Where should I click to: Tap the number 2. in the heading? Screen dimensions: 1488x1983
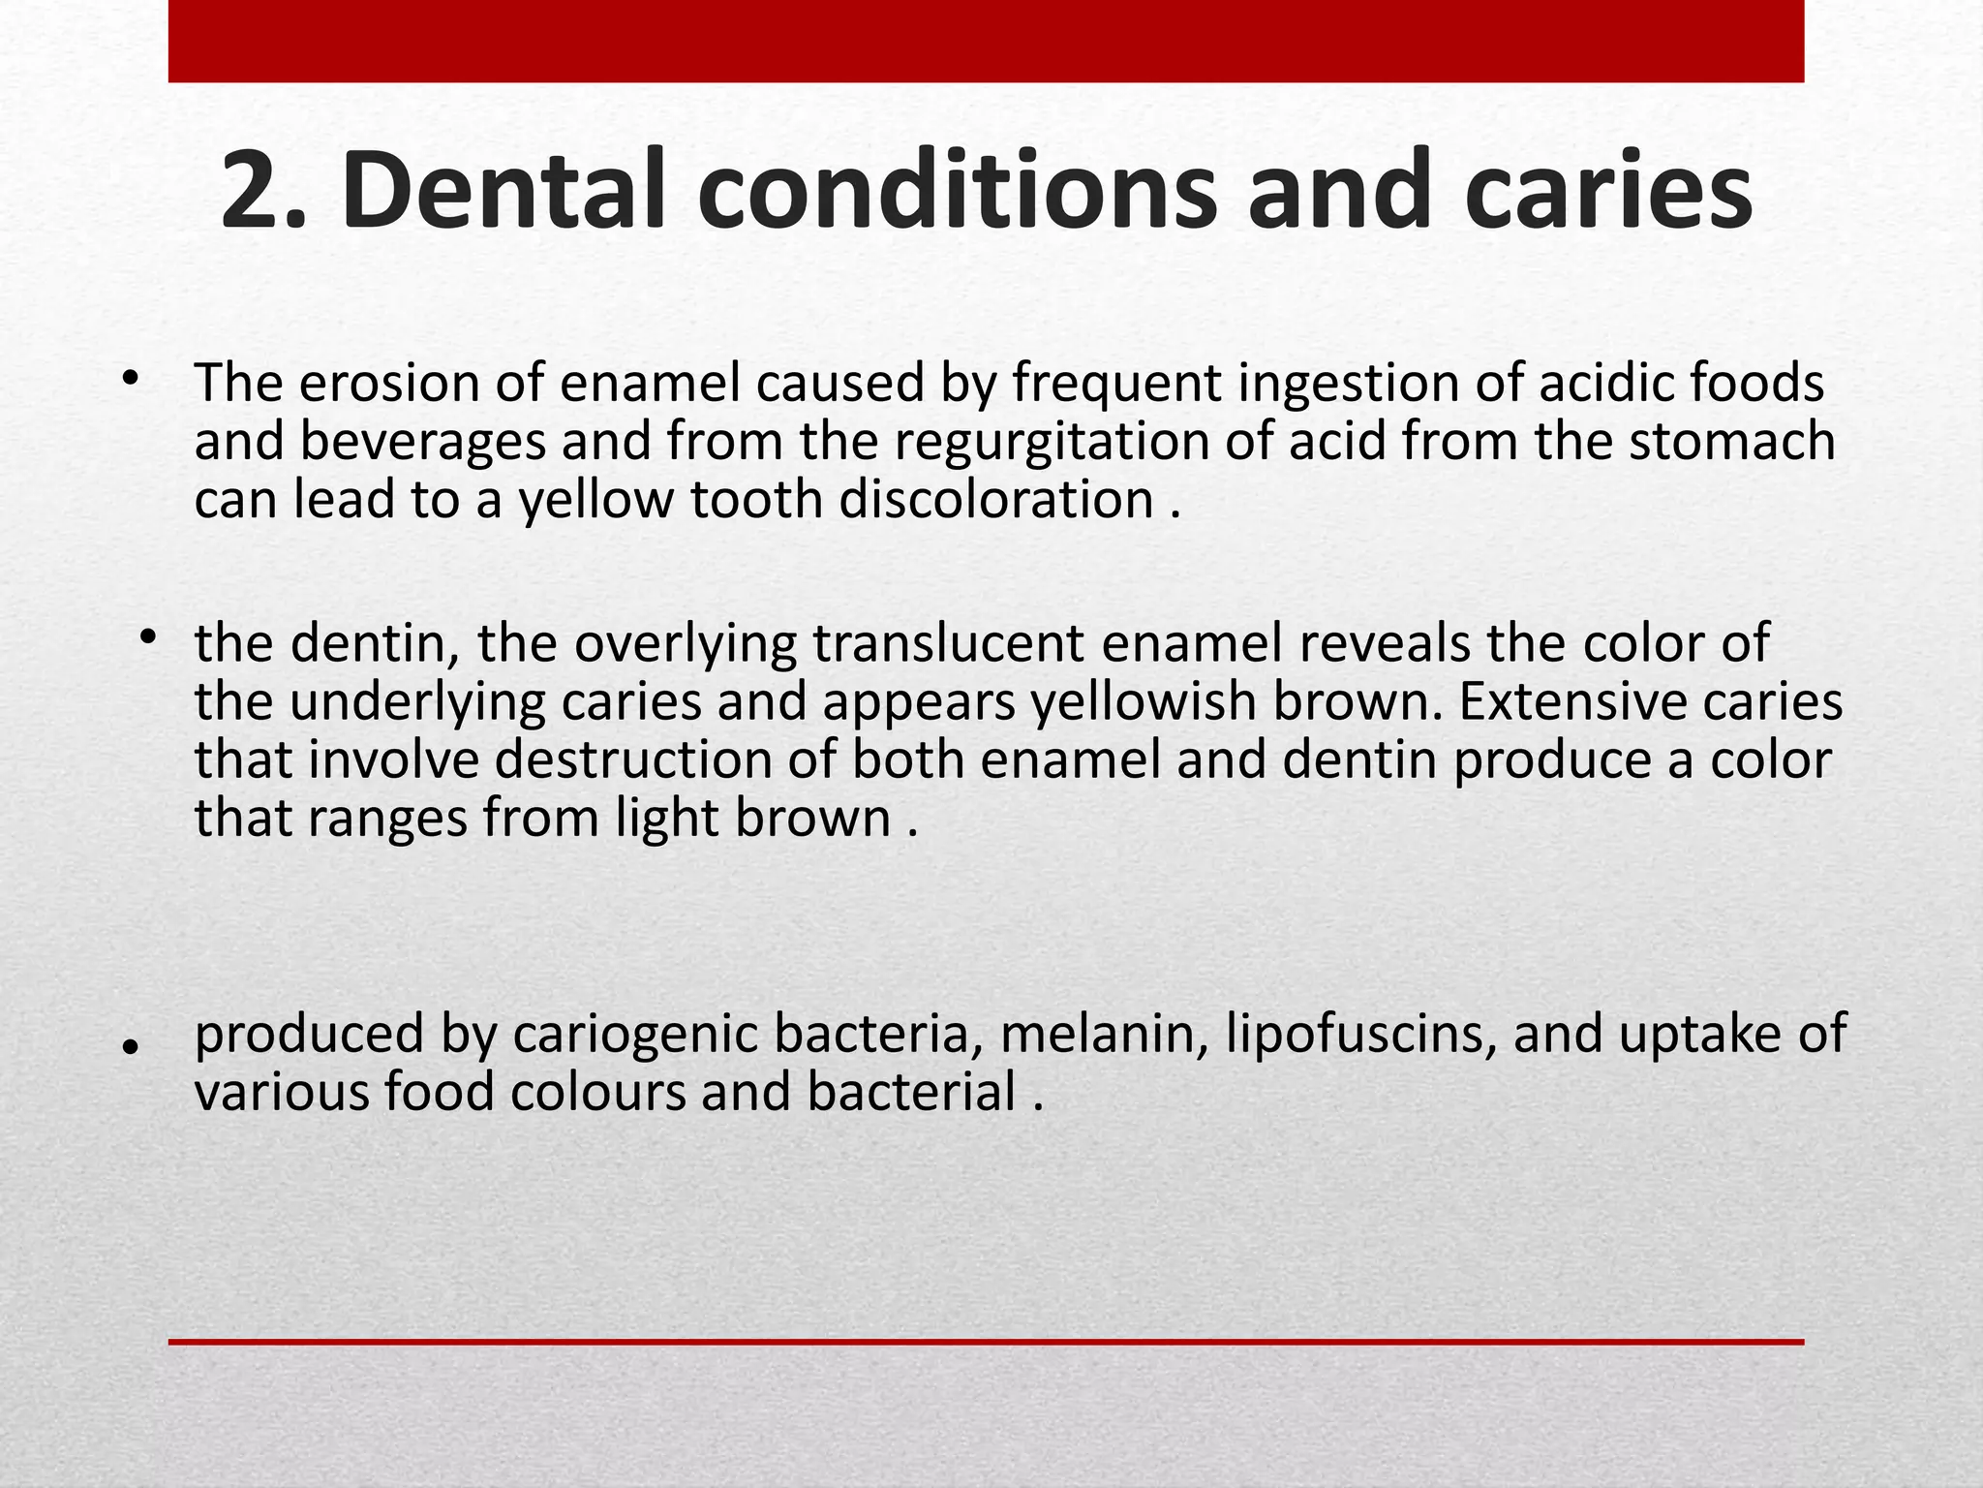tap(263, 191)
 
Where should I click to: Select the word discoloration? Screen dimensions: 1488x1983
tap(995, 500)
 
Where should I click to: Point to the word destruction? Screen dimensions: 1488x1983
tap(666, 759)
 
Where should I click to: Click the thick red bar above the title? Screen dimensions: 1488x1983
tap(986, 41)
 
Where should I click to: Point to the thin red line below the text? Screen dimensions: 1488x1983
tap(986, 1342)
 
